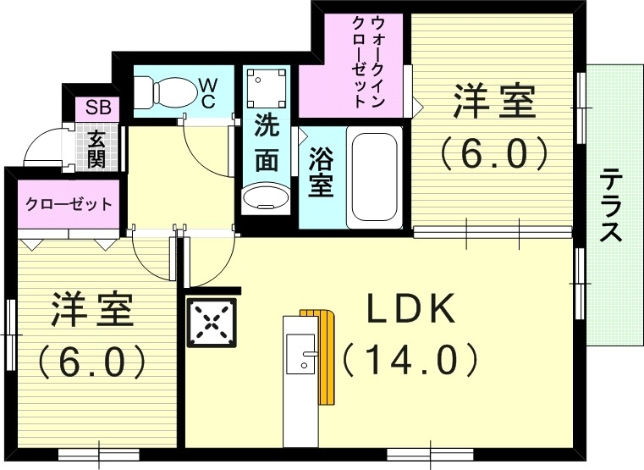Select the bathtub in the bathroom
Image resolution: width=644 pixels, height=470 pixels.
pyautogui.click(x=373, y=177)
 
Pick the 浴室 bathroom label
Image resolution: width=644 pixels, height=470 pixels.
pyautogui.click(x=320, y=174)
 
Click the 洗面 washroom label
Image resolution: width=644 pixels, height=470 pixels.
pyautogui.click(x=267, y=144)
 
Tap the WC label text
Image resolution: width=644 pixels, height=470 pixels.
pyautogui.click(x=207, y=91)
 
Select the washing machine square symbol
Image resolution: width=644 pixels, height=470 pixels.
pyautogui.click(x=266, y=86)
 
